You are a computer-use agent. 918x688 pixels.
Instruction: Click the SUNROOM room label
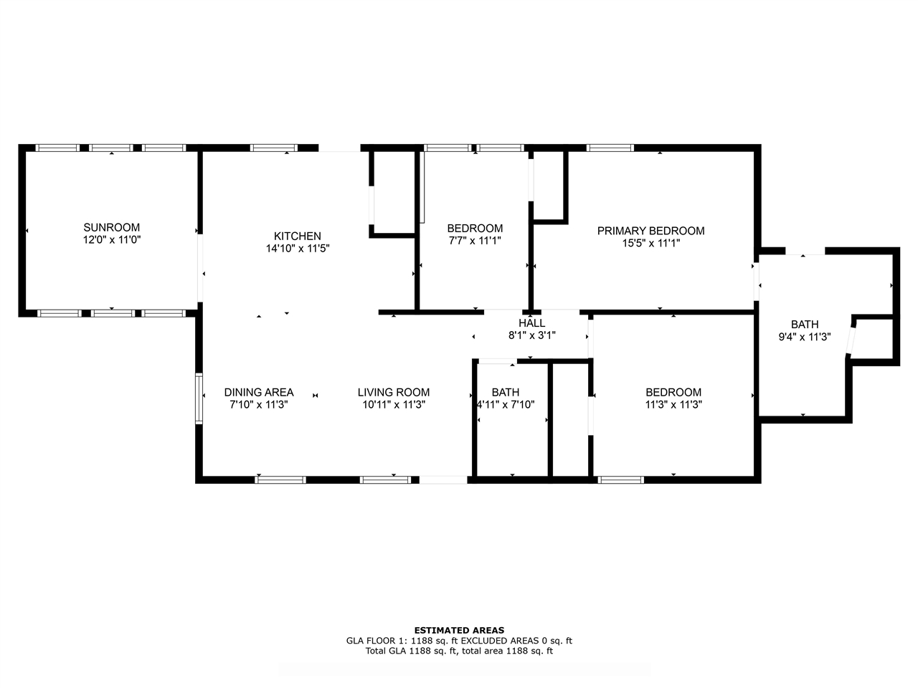112,227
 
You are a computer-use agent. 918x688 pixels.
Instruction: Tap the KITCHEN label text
298,236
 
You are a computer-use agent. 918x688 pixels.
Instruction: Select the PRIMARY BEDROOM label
650,231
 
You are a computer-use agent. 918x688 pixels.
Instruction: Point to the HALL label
531,323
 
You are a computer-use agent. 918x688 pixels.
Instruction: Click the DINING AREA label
259,392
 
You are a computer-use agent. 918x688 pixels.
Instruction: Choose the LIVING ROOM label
394,392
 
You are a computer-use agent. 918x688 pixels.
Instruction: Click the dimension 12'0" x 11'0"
112,240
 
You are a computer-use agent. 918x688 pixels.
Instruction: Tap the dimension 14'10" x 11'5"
298,249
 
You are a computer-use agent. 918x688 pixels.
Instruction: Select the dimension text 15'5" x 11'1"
650,243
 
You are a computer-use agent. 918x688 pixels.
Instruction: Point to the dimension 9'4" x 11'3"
804,337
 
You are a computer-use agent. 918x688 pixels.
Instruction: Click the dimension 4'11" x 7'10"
506,404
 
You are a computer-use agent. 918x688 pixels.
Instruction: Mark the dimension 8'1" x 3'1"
531,335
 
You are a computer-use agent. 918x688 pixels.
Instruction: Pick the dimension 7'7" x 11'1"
475,241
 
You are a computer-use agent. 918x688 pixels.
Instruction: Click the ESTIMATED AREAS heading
459,631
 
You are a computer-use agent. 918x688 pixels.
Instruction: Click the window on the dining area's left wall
199,399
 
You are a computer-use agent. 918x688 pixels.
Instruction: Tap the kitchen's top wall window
274,148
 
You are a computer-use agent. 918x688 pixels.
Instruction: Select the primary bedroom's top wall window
610,148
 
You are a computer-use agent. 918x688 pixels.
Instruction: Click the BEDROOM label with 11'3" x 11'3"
673,392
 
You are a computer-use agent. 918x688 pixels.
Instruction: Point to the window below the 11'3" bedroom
620,480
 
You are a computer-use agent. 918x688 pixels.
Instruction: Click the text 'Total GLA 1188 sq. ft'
411,651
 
